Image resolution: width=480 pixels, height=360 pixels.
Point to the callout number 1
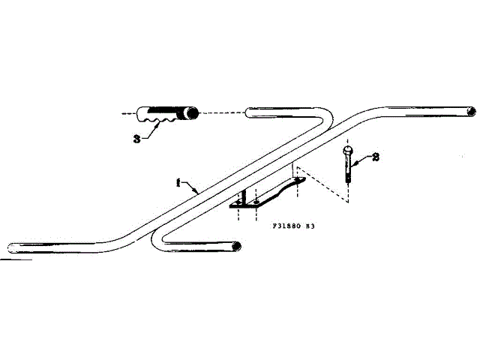[x=178, y=181]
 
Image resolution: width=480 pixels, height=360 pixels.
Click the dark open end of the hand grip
[x=192, y=113]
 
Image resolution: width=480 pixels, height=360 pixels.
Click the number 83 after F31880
[x=307, y=224]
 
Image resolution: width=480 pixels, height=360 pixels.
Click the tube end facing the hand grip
[x=249, y=114]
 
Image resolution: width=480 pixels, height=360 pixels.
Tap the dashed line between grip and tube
[x=222, y=112]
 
